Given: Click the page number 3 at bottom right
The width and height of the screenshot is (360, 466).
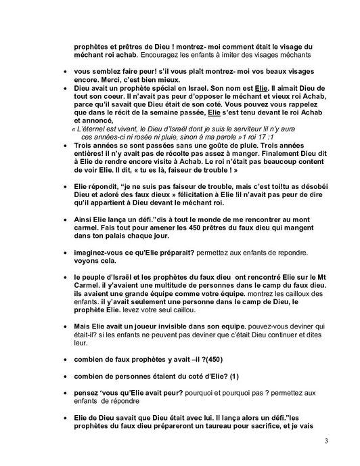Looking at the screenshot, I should coord(327,442).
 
